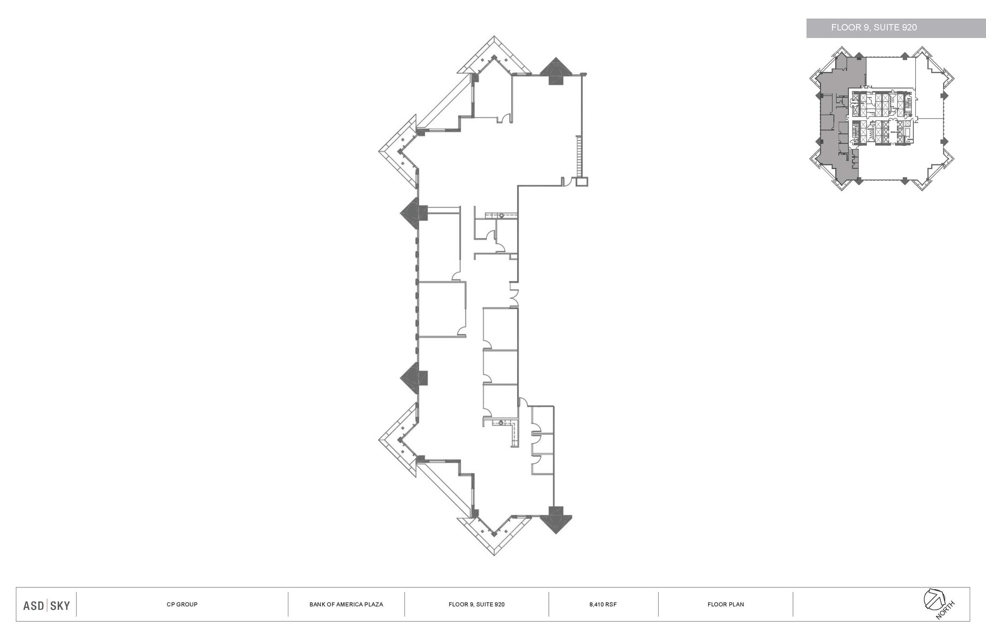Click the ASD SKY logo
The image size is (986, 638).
[x=46, y=605]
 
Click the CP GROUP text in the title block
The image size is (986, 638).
[x=182, y=604]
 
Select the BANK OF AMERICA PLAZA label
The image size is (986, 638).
[x=346, y=604]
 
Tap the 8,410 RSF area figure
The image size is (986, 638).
[x=603, y=604]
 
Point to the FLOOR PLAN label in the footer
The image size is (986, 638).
[x=726, y=604]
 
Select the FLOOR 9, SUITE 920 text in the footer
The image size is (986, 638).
[x=476, y=604]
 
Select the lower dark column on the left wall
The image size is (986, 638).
[x=415, y=376]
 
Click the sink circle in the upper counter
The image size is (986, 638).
[x=501, y=216]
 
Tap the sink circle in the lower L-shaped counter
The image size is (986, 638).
[x=501, y=423]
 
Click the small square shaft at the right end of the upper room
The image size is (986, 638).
[x=582, y=182]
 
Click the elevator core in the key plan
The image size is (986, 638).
[x=881, y=118]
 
